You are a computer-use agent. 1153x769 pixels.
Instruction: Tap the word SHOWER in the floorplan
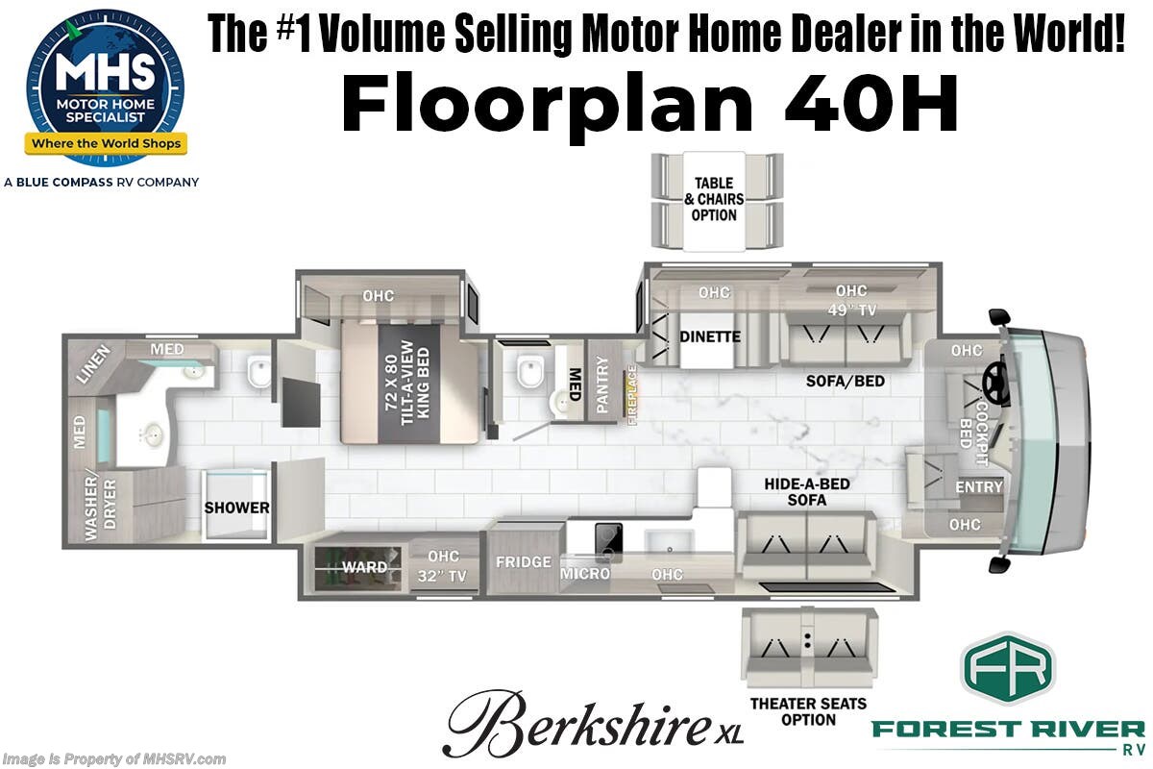(236, 508)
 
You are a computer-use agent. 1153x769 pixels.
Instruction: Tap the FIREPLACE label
(632, 394)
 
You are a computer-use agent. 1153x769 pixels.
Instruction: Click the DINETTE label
(710, 336)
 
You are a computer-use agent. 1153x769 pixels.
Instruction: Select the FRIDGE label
(523, 561)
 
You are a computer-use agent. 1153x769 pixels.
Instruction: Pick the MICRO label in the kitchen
(585, 574)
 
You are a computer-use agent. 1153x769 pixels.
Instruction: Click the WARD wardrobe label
(365, 567)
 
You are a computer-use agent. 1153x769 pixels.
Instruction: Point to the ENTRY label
(978, 487)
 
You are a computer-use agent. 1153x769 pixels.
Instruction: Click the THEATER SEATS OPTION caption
(808, 711)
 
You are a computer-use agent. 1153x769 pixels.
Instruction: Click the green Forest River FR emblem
(1008, 669)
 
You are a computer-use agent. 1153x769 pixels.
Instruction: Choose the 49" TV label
(850, 310)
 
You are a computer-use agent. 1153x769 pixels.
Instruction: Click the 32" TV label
(443, 576)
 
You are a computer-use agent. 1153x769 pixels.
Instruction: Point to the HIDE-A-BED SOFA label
(807, 492)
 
